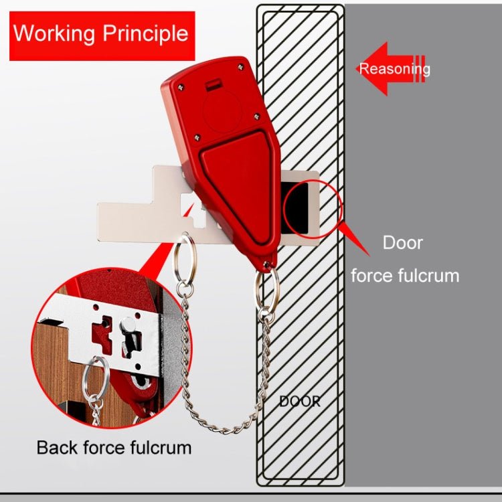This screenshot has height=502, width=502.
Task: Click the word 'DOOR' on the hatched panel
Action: (x=299, y=402)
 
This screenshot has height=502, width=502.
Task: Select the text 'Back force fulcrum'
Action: (x=114, y=447)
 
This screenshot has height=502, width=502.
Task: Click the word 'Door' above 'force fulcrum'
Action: (x=402, y=242)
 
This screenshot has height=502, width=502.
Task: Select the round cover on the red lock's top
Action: (x=223, y=107)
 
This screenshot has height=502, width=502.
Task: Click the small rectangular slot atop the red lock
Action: (x=214, y=84)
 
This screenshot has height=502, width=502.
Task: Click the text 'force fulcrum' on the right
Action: (x=405, y=275)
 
